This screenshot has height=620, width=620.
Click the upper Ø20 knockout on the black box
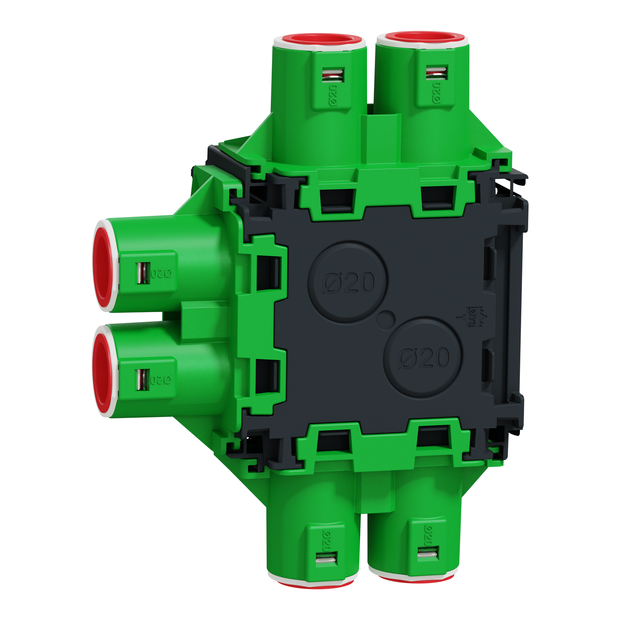(348, 282)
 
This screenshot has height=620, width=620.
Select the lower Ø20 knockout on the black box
(423, 358)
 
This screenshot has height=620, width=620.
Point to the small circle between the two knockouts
(386, 320)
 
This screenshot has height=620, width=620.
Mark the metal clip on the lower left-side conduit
(143, 379)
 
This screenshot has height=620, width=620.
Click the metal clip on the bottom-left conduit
(327, 559)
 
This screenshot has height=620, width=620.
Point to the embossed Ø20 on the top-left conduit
(333, 97)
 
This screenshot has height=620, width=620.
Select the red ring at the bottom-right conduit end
(413, 578)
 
